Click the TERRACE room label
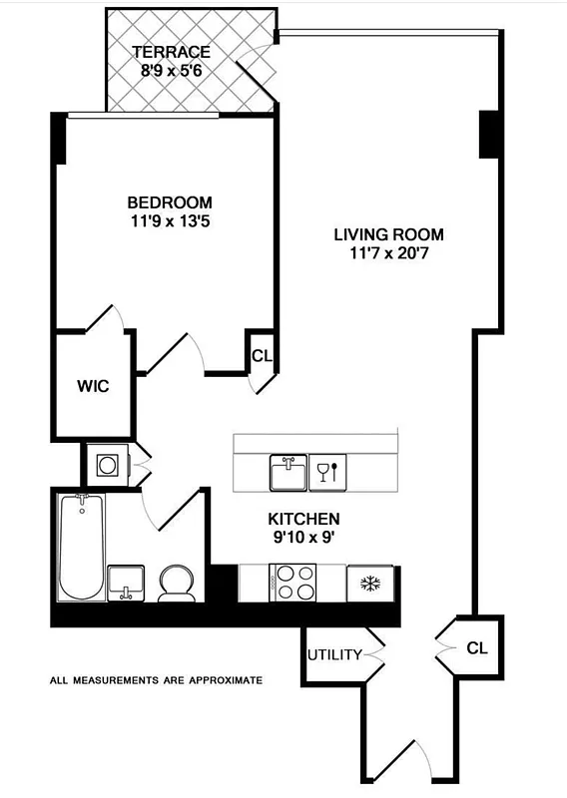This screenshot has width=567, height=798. [x=171, y=52]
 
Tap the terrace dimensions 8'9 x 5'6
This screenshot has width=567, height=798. [x=171, y=71]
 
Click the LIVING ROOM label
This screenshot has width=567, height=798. [x=388, y=234]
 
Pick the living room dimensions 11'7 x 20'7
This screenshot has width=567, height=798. [x=388, y=253]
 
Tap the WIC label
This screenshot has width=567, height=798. [x=93, y=386]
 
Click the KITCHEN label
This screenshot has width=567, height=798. [x=303, y=519]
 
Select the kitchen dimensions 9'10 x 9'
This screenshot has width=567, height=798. [x=303, y=539]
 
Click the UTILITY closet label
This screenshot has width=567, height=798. [x=334, y=655]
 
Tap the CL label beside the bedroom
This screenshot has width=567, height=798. [x=261, y=355]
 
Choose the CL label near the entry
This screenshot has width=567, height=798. [x=477, y=647]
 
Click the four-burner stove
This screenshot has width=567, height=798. [x=293, y=583]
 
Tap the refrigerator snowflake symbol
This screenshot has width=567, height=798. [x=370, y=583]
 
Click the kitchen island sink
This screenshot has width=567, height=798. [x=286, y=473]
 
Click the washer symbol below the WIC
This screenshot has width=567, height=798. [x=106, y=464]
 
